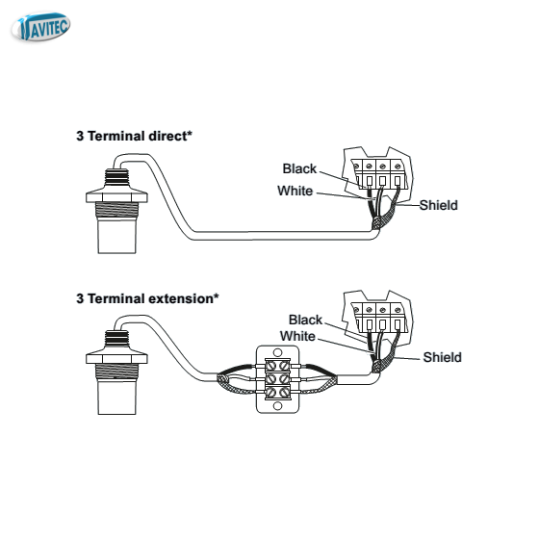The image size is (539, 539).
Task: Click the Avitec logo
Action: click(40, 27)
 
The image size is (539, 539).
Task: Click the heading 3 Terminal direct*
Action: click(134, 136)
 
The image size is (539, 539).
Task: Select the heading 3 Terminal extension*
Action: click(147, 298)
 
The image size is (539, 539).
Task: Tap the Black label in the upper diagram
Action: click(299, 168)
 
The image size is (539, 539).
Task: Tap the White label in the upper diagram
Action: click(295, 191)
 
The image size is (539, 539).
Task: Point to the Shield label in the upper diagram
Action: click(439, 205)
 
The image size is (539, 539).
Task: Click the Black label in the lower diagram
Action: click(305, 320)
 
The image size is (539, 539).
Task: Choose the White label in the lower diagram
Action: click(297, 336)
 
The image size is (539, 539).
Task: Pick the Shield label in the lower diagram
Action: click(443, 357)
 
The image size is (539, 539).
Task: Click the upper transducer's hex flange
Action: click(116, 194)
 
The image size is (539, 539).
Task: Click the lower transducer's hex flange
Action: click(116, 356)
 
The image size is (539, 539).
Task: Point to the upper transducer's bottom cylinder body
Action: click(116, 236)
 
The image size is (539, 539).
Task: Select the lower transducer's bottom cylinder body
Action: click(116, 397)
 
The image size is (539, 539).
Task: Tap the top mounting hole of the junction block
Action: click(278, 353)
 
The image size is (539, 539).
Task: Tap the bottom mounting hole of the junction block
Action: click(278, 406)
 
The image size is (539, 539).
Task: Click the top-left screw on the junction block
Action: click(271, 365)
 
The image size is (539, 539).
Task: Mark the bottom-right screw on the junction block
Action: click(284, 393)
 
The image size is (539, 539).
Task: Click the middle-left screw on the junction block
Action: click(271, 379)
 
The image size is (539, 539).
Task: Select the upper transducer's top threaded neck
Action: click(116, 178)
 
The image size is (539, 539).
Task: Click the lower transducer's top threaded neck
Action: click(116, 340)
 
